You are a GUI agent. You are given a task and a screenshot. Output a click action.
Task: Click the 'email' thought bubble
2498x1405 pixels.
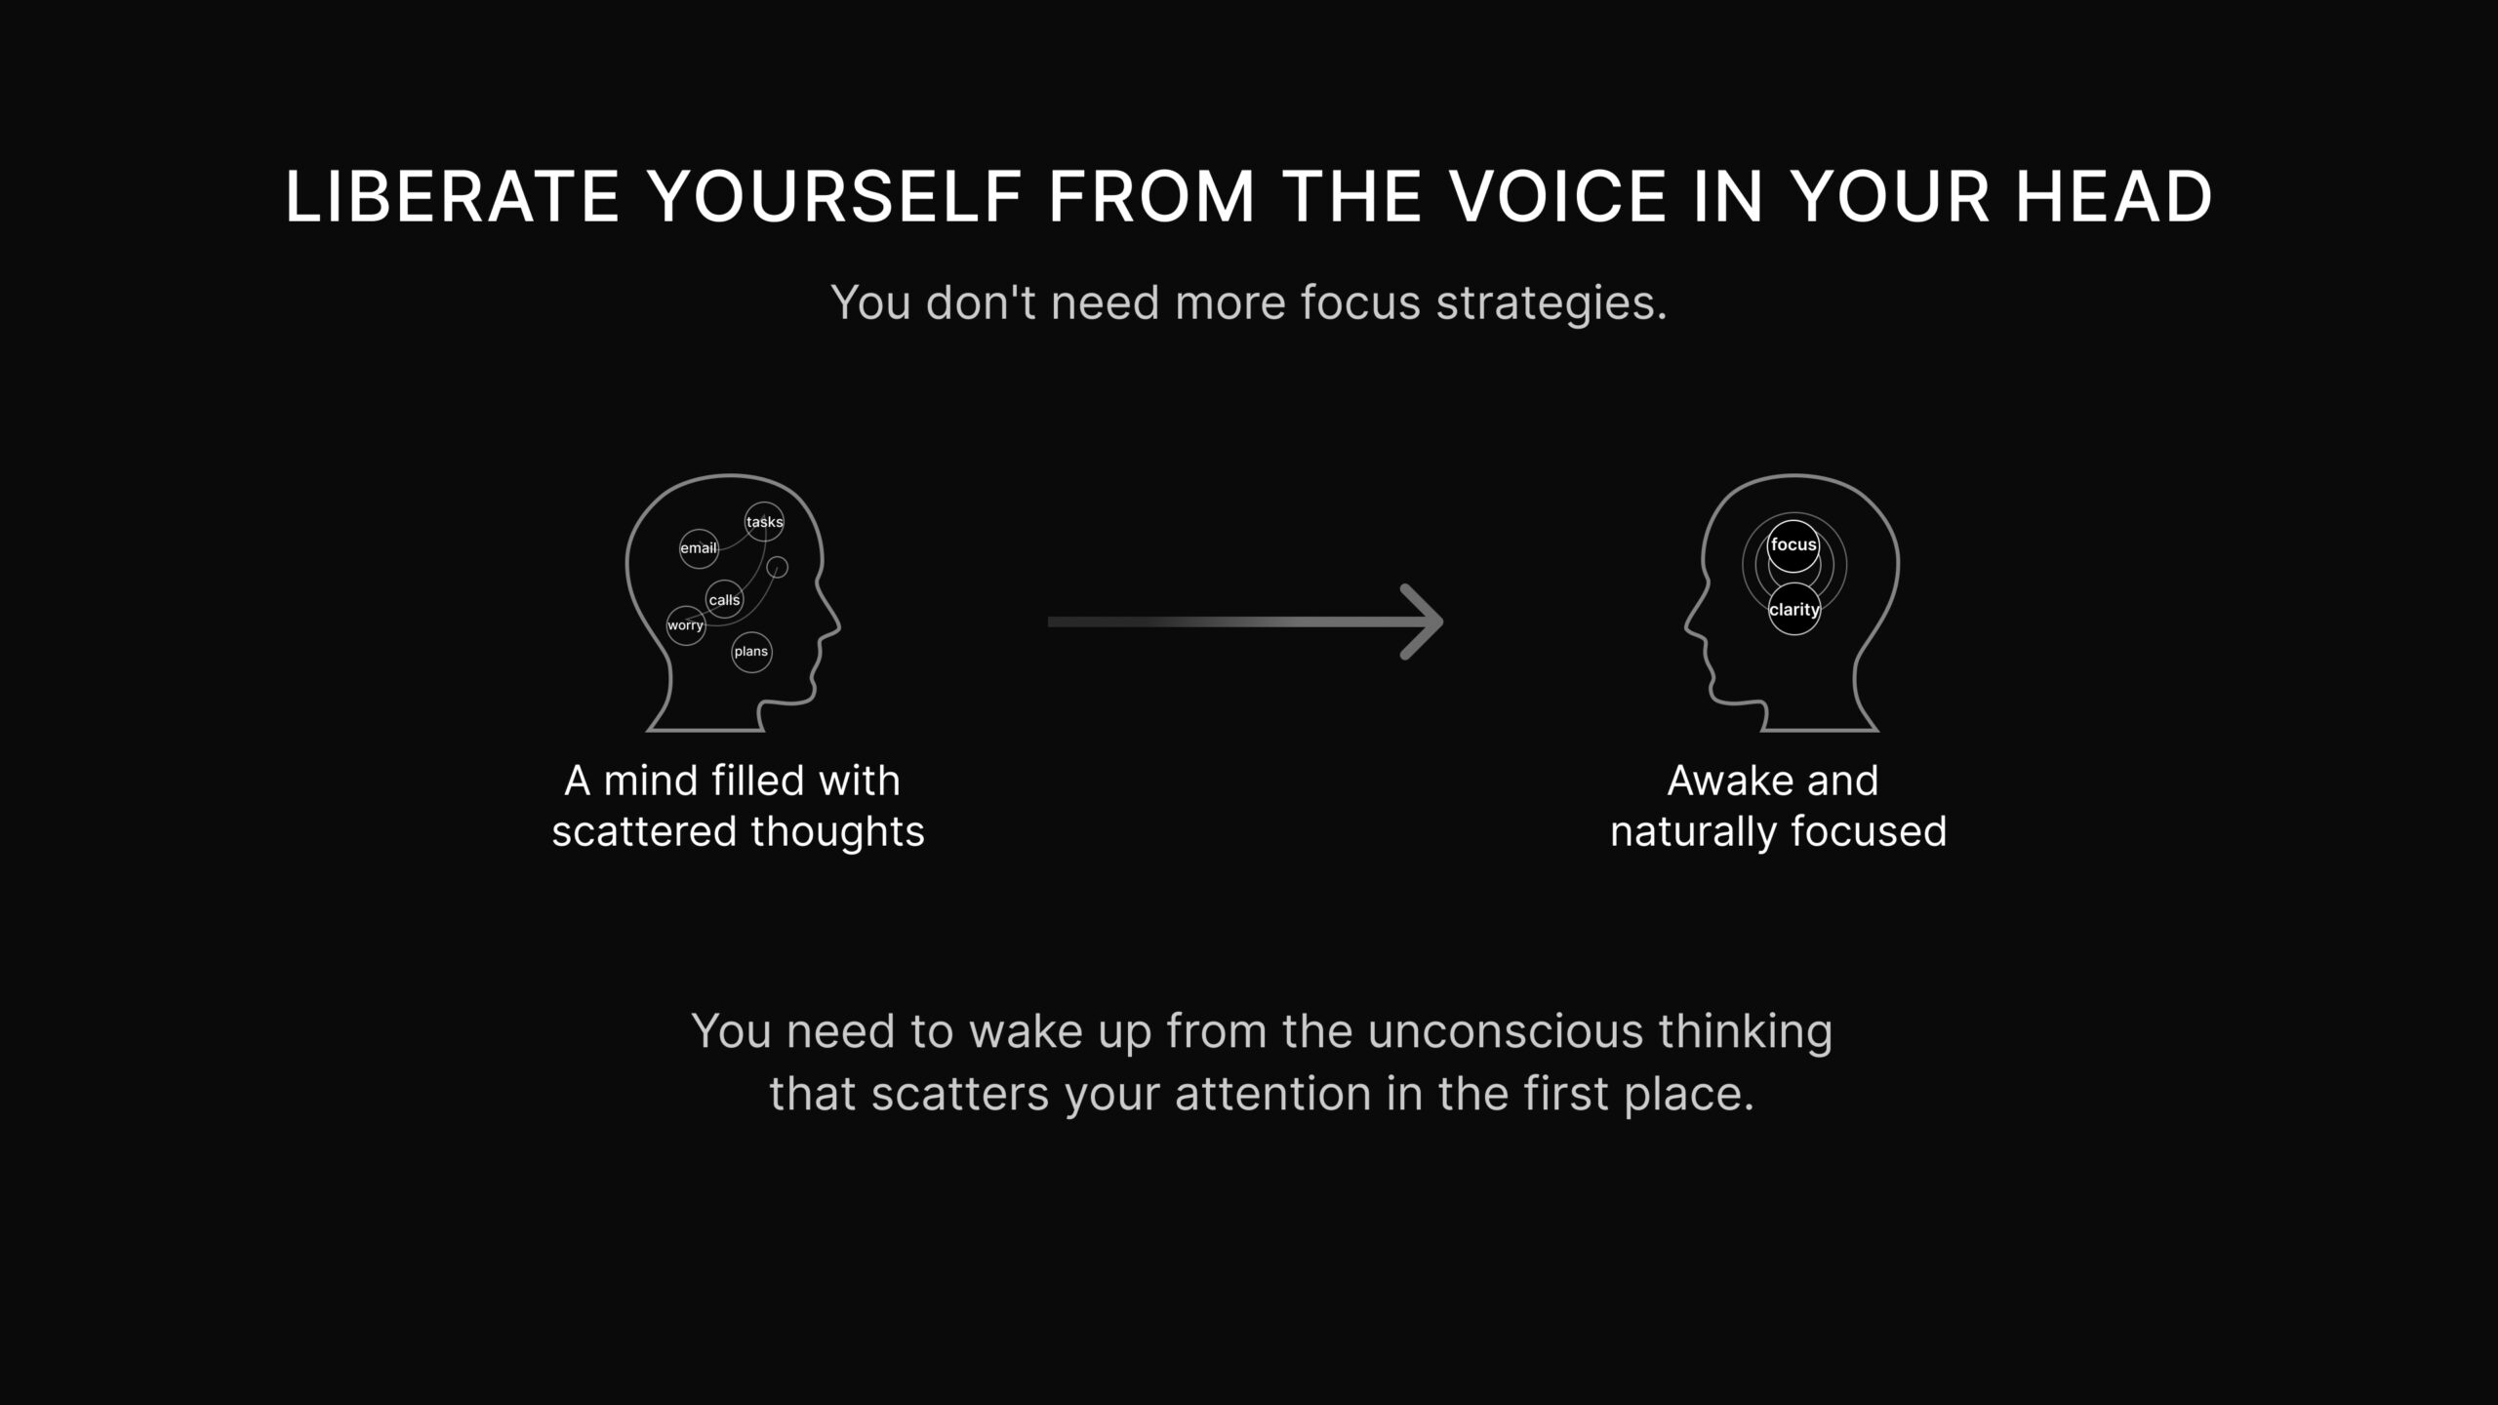click(699, 548)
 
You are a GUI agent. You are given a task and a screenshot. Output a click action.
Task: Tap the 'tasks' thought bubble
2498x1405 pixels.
click(764, 522)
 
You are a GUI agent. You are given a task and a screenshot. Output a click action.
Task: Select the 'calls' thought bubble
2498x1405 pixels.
click(724, 599)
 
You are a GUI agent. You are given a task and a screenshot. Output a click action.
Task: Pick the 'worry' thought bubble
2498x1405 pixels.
click(685, 625)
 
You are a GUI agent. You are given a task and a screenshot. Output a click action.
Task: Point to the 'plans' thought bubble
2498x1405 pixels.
click(751, 652)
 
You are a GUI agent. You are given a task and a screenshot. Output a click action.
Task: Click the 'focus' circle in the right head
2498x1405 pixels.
click(1793, 545)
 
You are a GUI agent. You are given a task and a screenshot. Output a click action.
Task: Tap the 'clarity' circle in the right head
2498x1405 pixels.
click(1793, 609)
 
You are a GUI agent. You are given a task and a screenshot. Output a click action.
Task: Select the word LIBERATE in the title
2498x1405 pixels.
click(452, 197)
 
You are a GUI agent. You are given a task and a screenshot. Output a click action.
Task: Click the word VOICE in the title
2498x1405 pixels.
click(1557, 197)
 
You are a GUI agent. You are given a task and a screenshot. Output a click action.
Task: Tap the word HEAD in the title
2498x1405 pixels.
click(2114, 197)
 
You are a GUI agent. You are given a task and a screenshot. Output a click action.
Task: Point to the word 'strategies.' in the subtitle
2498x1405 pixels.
click(1551, 303)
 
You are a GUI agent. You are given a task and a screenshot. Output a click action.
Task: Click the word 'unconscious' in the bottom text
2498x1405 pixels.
click(1506, 1032)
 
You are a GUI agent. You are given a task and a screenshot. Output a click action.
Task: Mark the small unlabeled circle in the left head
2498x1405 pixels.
click(778, 567)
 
